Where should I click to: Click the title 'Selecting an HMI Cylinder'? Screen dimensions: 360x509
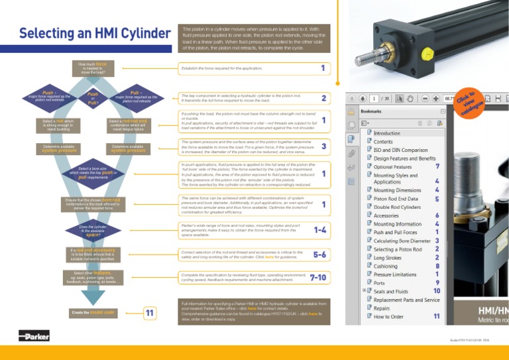[x=94, y=33]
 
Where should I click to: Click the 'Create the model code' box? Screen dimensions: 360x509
[x=93, y=312]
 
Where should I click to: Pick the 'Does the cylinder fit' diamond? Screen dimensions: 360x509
[x=93, y=231]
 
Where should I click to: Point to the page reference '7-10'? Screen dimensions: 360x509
[x=317, y=277]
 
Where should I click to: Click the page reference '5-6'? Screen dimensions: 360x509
[x=319, y=254]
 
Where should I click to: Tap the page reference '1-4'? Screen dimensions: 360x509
[x=319, y=230]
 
